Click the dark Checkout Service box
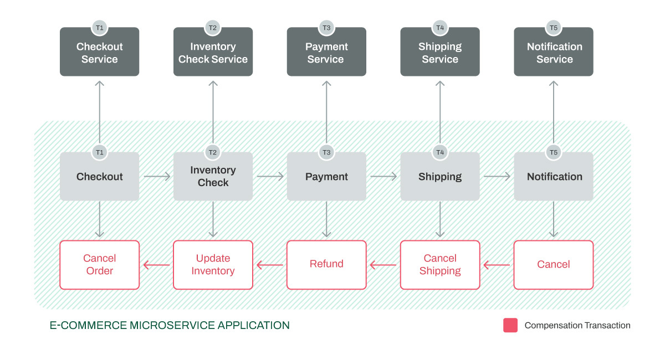[x=99, y=53]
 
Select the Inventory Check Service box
[x=213, y=53]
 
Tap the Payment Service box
[x=326, y=53]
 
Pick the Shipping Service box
[x=440, y=53]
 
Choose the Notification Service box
[x=554, y=53]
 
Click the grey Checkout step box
[x=99, y=177]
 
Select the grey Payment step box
[x=326, y=177]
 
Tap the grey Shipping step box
[x=440, y=177]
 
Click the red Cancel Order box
[x=99, y=265]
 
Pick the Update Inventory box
[x=213, y=265]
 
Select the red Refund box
[x=326, y=265]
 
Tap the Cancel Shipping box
[x=440, y=265]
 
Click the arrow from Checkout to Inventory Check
[x=157, y=177]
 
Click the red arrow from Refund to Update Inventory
[x=270, y=265]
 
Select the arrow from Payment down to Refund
[x=326, y=220]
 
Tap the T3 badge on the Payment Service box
[x=326, y=27]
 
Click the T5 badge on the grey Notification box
[x=553, y=152]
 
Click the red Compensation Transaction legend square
[x=510, y=325]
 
